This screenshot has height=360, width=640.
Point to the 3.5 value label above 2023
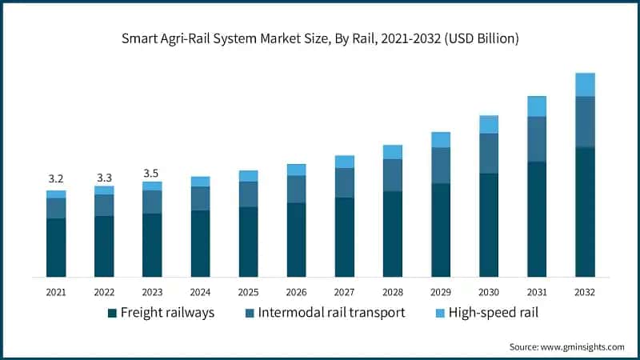point(152,173)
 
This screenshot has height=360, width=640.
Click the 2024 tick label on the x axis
point(200,292)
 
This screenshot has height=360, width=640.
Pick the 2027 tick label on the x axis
point(344,292)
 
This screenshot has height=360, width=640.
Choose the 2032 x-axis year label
point(585,292)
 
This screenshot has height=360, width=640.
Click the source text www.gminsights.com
point(566,346)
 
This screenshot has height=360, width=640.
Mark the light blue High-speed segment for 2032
point(585,85)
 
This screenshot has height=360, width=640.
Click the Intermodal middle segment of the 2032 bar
point(585,122)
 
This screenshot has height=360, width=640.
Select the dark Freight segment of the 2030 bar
point(489,225)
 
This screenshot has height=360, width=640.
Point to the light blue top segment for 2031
point(537,106)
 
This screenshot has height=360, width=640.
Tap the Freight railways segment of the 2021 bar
point(56,247)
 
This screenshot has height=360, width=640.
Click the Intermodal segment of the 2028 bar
point(393,175)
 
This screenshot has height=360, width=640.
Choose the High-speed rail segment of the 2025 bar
point(248,176)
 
